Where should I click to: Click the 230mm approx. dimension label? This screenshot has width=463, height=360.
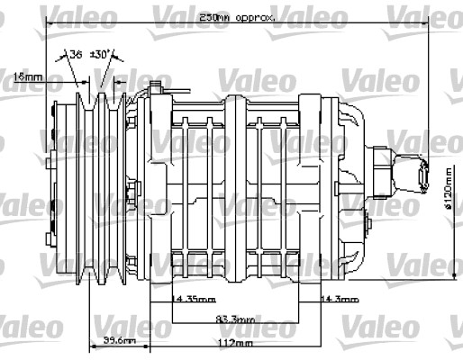(x=237, y=17)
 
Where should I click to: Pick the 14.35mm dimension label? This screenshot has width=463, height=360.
(x=195, y=299)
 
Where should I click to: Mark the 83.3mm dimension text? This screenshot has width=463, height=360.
(x=236, y=319)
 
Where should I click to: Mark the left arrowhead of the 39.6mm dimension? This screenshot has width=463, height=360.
(x=91, y=346)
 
